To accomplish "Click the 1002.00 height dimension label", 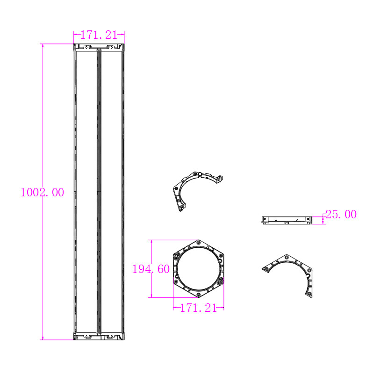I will coord(42,192).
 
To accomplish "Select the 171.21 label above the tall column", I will coord(99,35).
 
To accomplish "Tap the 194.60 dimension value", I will coord(151,269).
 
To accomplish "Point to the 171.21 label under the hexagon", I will coord(198,308).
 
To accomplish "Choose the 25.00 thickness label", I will coord(341,215).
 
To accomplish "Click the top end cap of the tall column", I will coord(99,47).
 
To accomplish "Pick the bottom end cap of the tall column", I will coord(99,336).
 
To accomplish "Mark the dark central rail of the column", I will coord(99,192).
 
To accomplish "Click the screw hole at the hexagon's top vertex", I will coord(199,243).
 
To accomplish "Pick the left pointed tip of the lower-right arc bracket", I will coord(263,268).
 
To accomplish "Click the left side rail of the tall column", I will coord(75,192).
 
